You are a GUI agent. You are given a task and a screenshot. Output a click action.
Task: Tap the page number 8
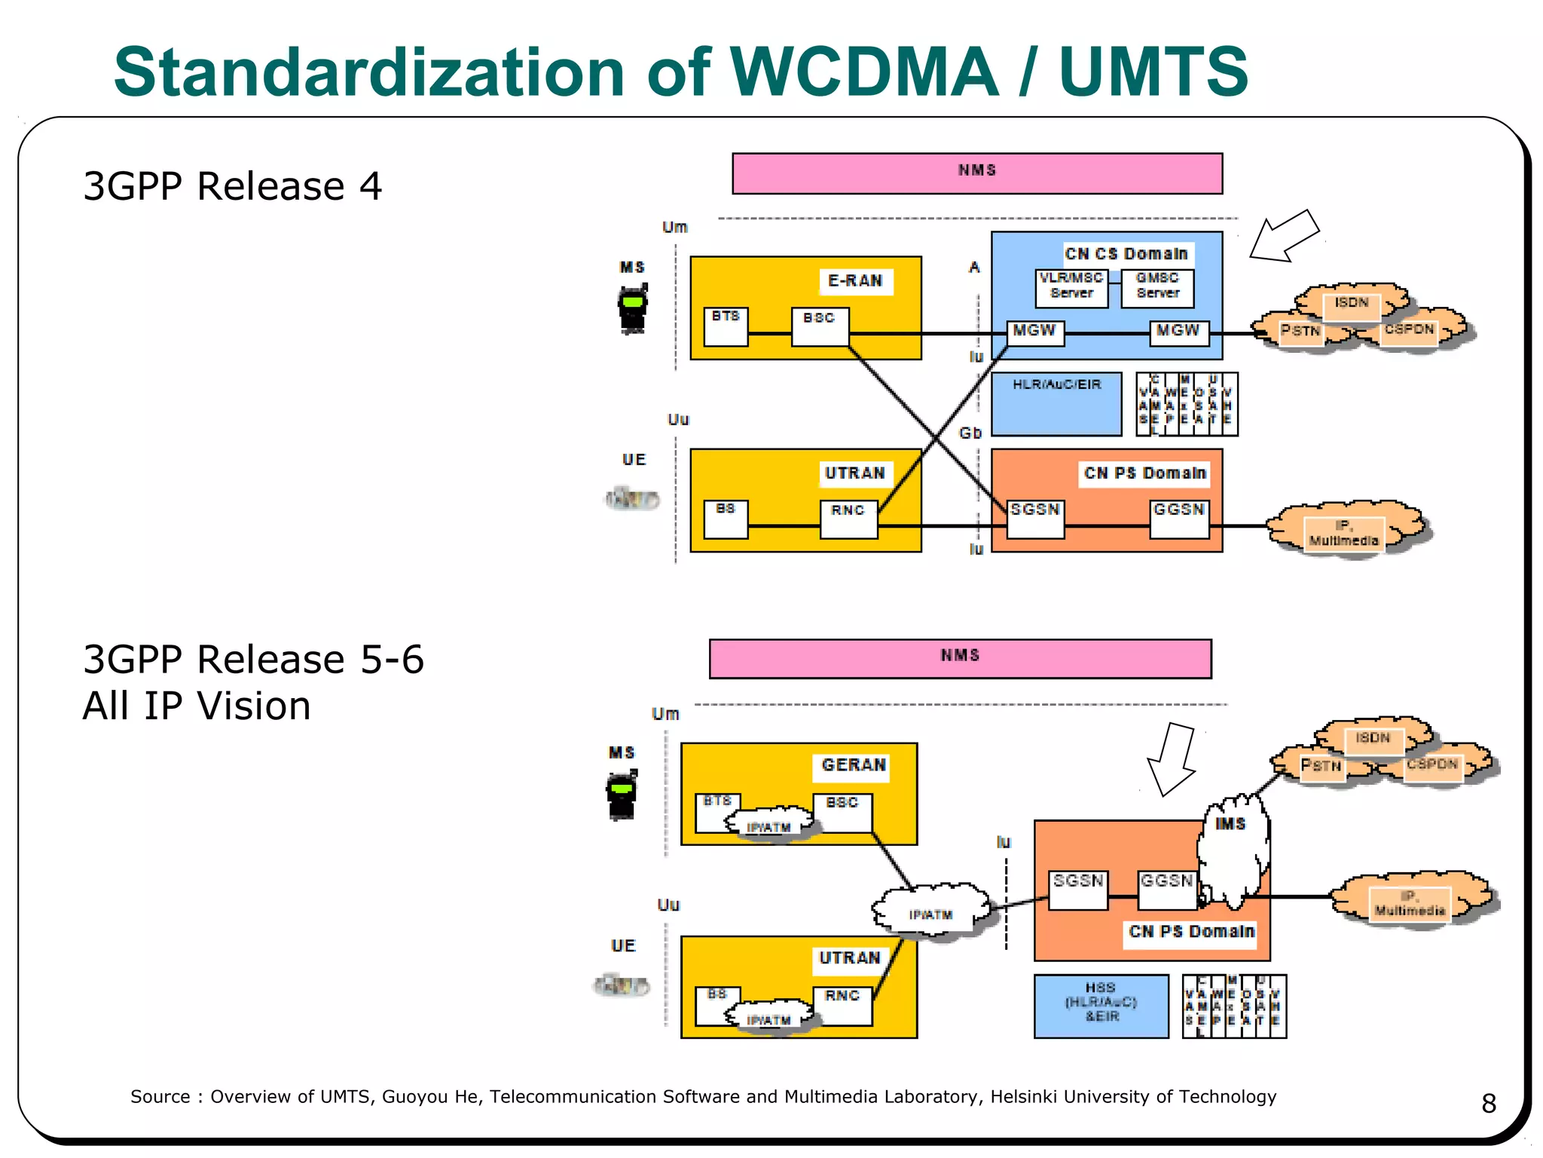tap(1488, 1103)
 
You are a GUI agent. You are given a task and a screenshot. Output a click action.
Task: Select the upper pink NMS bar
tap(976, 173)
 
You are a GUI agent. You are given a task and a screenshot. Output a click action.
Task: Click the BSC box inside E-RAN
tap(820, 326)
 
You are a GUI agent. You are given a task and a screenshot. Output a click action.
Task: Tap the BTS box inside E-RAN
tap(726, 326)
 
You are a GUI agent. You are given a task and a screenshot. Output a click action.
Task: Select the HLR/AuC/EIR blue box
tap(1056, 403)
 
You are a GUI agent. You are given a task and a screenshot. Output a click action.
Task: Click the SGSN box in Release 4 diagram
tap(1035, 518)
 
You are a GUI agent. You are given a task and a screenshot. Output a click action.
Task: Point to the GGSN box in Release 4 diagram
tap(1179, 518)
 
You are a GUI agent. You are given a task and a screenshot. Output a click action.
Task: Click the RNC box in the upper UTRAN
tap(848, 519)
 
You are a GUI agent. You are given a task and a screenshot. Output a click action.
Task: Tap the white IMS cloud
tap(1233, 852)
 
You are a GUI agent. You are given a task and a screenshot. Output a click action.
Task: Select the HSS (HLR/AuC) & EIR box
tap(1101, 1006)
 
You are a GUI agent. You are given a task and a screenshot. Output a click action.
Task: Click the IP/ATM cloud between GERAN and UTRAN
tap(931, 911)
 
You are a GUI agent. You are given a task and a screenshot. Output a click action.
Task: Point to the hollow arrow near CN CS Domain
tap(1284, 236)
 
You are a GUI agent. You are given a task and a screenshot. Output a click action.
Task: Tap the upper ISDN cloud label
tap(1351, 303)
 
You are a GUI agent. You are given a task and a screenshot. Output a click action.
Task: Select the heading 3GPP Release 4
tap(232, 186)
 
